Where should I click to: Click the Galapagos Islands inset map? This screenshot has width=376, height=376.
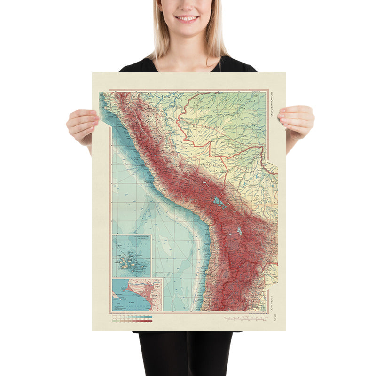click(132, 256)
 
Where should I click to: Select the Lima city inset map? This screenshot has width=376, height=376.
click(137, 295)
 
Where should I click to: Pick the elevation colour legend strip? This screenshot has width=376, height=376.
click(132, 319)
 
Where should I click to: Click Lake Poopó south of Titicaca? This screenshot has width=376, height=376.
click(239, 231)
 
